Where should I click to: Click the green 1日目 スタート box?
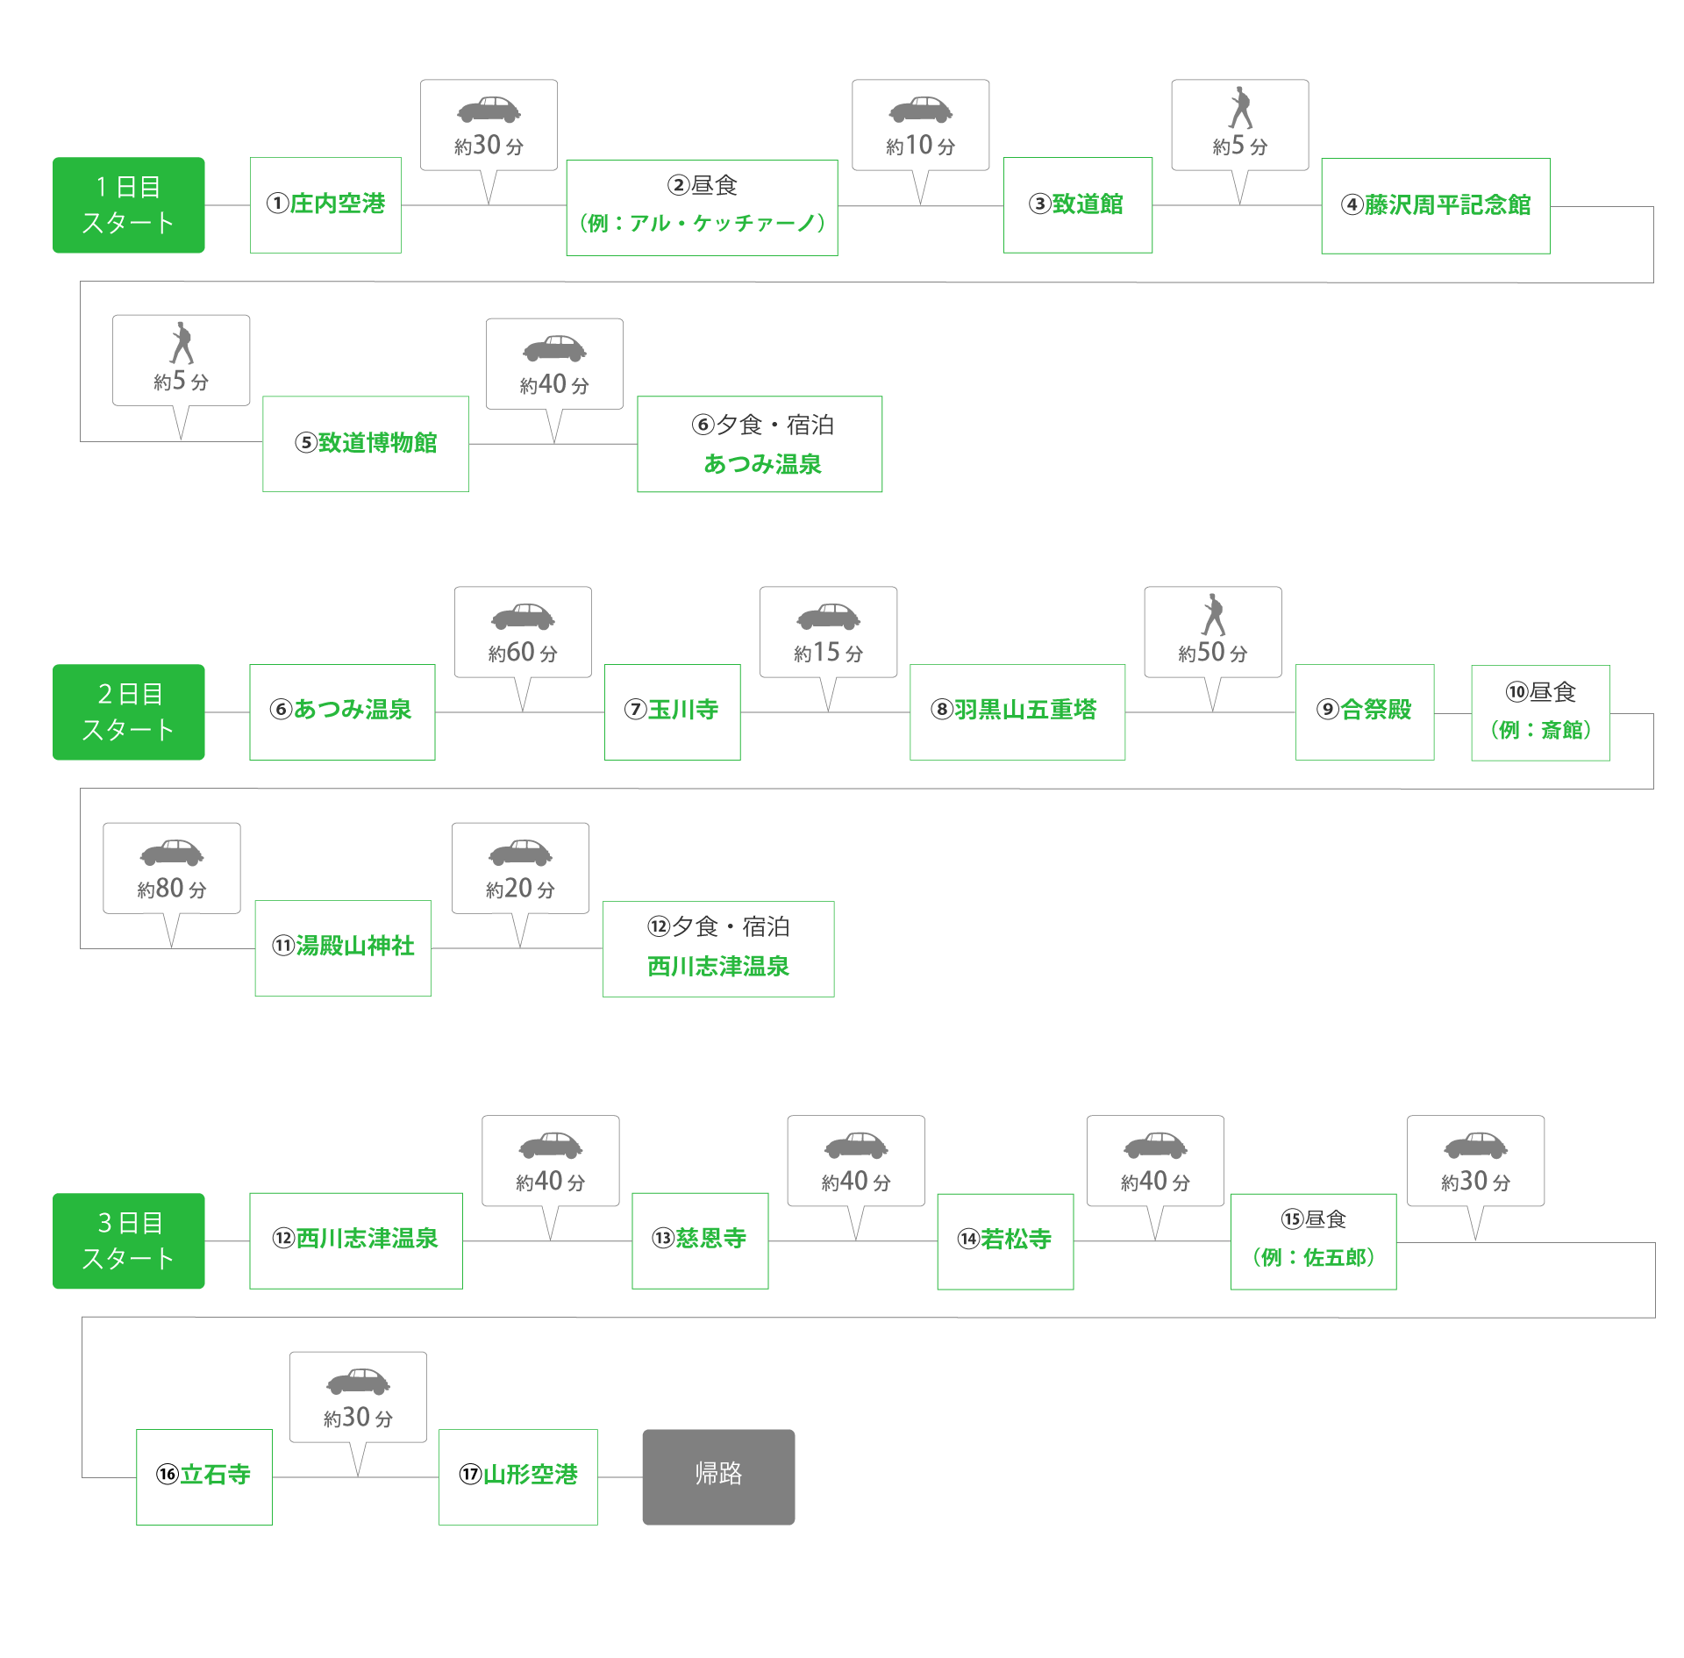(x=129, y=205)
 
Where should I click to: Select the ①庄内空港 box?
(x=325, y=205)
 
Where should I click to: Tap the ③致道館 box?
(x=1077, y=205)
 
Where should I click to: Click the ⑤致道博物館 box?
(x=365, y=443)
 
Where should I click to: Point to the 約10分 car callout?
(x=920, y=125)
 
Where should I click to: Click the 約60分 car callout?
(x=523, y=632)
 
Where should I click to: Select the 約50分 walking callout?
(x=1212, y=632)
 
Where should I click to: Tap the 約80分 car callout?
(x=172, y=868)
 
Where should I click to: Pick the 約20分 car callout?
(x=520, y=868)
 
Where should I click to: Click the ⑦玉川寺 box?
(x=672, y=711)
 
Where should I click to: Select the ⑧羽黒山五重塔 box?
(x=1017, y=711)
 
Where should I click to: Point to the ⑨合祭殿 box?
(x=1364, y=711)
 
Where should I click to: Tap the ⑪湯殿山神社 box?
(x=343, y=947)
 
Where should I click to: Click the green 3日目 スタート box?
(x=129, y=1240)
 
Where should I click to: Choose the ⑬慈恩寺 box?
(x=700, y=1240)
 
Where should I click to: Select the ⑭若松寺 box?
(x=1005, y=1241)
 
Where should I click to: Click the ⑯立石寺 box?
(x=204, y=1476)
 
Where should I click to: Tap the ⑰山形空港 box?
(x=518, y=1476)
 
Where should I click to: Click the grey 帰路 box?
(x=718, y=1476)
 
